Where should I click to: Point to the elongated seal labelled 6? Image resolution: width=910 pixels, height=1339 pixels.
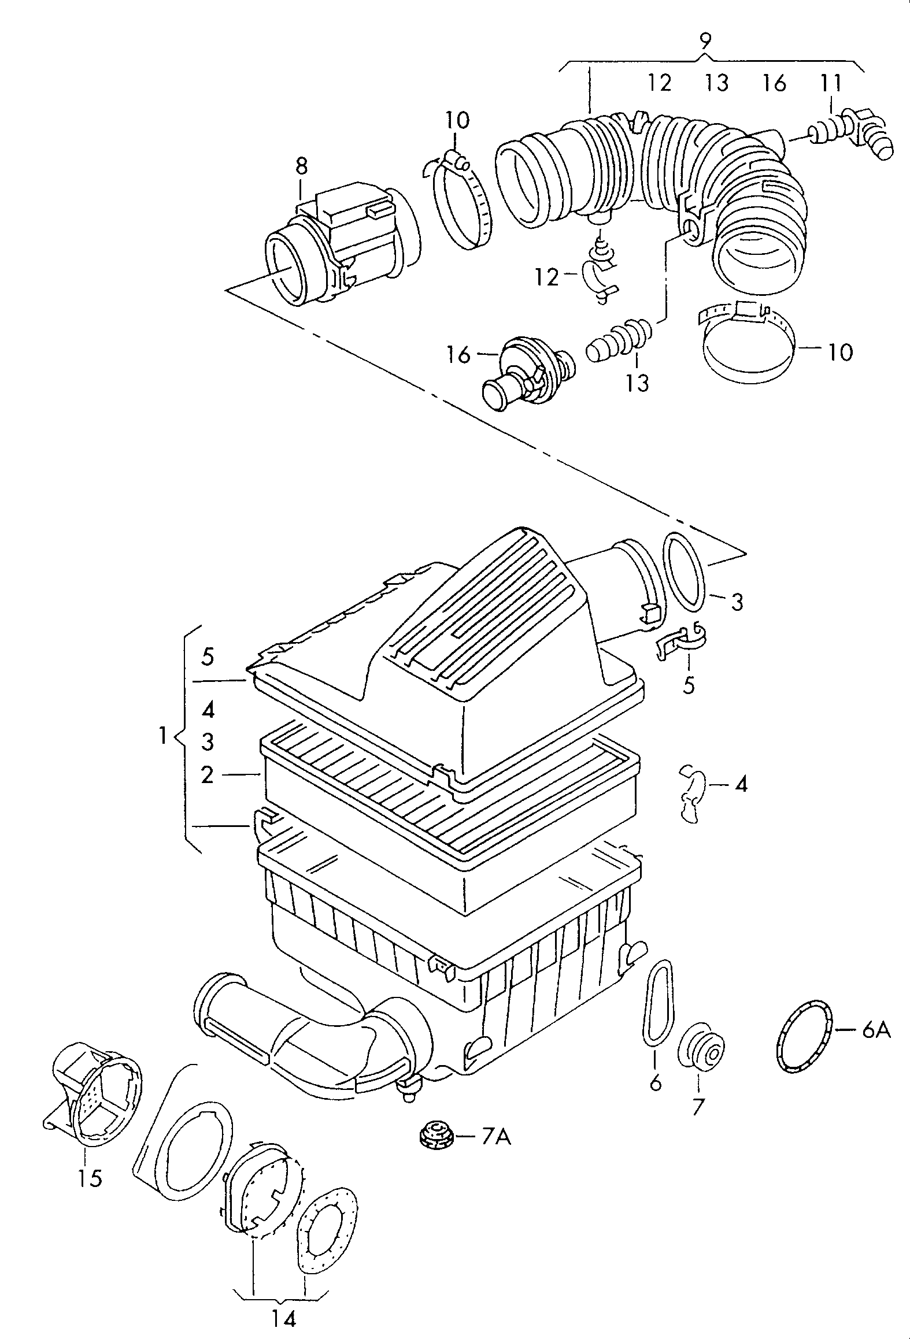(658, 1002)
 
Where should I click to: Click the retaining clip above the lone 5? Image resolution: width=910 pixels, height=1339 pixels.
(682, 640)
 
